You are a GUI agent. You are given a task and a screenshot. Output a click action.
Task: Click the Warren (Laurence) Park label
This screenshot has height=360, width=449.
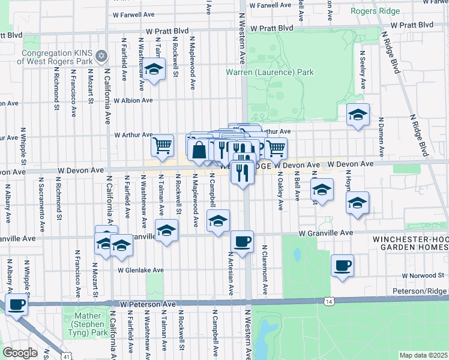(270, 73)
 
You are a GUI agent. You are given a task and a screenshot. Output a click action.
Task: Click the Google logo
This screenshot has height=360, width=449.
(19, 353)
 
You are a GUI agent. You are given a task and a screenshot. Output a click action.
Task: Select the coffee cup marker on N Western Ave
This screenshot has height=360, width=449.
(242, 241)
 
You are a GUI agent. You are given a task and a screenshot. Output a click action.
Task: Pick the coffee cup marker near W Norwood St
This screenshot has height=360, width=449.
(342, 265)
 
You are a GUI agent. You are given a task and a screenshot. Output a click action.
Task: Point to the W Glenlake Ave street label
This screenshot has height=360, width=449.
(140, 271)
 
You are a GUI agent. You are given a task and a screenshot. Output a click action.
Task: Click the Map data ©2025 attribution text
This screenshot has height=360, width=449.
(423, 355)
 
